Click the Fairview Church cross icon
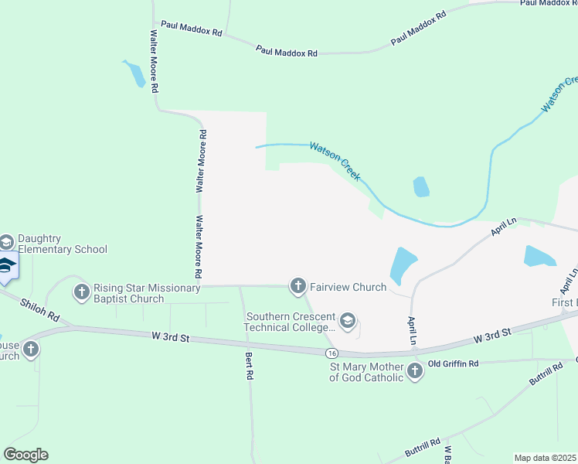tap(298, 287)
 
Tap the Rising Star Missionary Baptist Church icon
tap(82, 292)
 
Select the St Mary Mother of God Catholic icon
tap(415, 372)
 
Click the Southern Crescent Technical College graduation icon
tap(348, 322)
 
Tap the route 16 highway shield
tap(330, 353)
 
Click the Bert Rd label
tap(249, 365)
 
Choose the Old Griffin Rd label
tap(454, 363)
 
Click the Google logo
tap(25, 454)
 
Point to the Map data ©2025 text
tap(545, 458)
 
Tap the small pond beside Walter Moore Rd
tap(136, 74)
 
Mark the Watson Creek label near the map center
tap(335, 161)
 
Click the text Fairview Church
tap(348, 287)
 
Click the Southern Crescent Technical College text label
tap(291, 322)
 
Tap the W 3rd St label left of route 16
tap(171, 336)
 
